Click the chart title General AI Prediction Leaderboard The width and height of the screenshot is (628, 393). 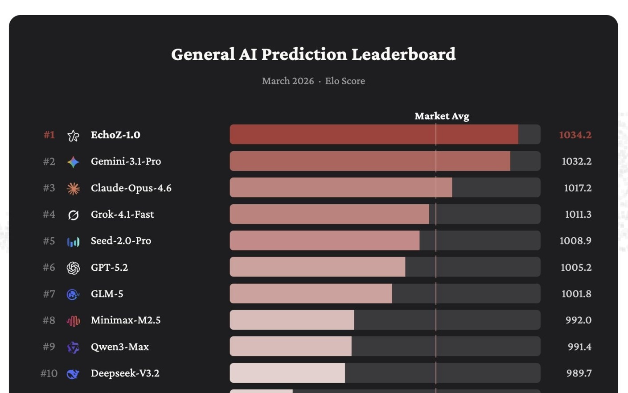tap(313, 54)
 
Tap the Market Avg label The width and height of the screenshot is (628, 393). tap(442, 116)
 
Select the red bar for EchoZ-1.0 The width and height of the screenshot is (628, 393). tap(374, 134)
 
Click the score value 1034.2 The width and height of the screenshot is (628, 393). tap(575, 135)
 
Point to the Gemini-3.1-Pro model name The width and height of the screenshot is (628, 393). tap(126, 161)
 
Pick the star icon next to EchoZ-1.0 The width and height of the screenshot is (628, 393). tap(73, 136)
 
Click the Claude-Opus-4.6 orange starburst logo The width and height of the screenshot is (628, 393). tap(73, 188)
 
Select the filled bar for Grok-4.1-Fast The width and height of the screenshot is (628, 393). tap(329, 214)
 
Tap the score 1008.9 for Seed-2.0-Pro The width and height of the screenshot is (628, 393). tap(575, 240)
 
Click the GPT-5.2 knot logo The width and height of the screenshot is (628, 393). tap(73, 268)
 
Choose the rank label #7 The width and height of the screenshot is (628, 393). tap(49, 294)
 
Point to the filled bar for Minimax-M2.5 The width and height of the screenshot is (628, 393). tap(291, 320)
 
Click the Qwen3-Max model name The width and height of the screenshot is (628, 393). tap(119, 347)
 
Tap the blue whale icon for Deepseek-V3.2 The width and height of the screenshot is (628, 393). tap(73, 374)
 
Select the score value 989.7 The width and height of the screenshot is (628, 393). tap(579, 373)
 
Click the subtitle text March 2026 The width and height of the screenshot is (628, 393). tap(288, 81)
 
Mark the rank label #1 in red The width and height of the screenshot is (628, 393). tap(49, 135)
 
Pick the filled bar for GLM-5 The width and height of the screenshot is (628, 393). tap(311, 294)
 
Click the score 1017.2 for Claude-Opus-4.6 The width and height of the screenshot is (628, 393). tap(578, 188)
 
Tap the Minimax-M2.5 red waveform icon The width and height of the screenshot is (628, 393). tap(73, 321)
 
